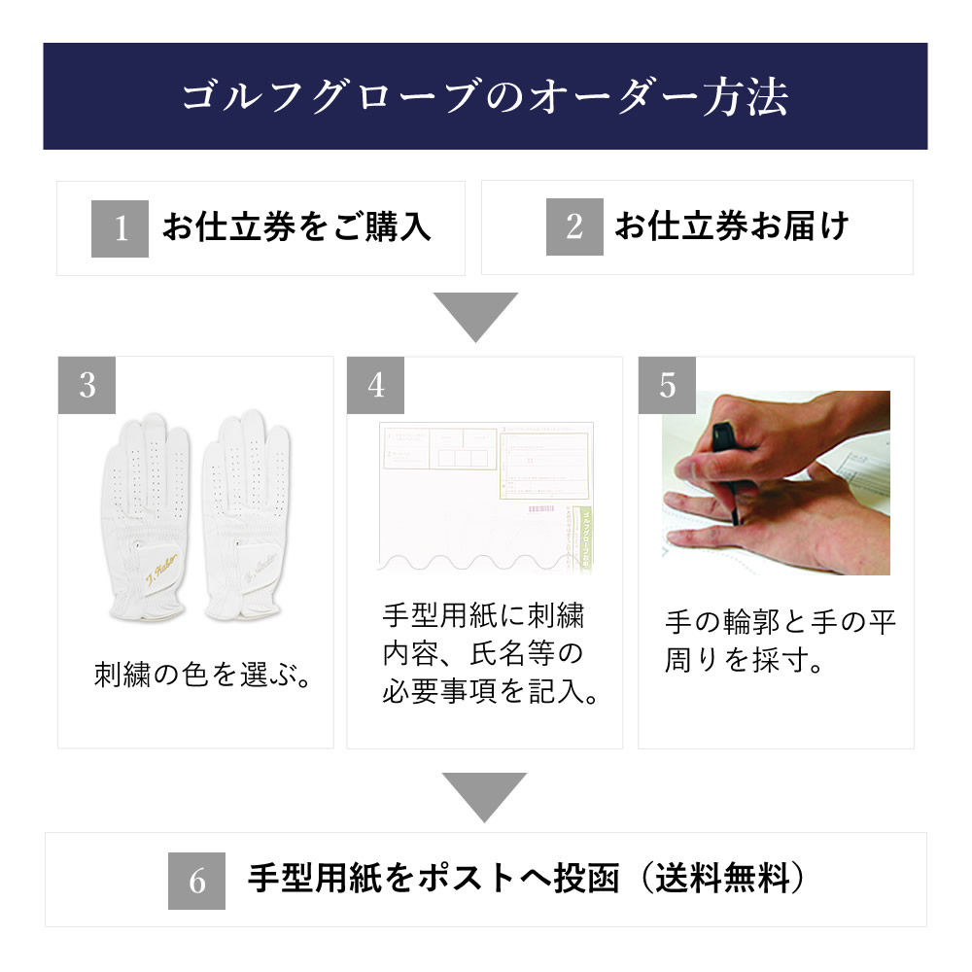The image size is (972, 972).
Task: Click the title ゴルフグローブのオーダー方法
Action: [484, 98]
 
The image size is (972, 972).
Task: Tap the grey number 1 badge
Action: [120, 228]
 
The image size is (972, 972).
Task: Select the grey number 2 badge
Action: [574, 227]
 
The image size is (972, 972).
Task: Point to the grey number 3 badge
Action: [87, 385]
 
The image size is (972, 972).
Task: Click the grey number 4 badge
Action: [376, 385]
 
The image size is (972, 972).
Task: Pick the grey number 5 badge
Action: [667, 385]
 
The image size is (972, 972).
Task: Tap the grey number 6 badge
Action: [197, 882]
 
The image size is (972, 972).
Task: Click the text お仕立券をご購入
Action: [296, 227]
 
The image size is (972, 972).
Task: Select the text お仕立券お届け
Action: [732, 227]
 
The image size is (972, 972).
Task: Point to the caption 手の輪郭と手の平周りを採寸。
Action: [780, 642]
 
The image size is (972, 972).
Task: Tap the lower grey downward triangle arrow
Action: [484, 796]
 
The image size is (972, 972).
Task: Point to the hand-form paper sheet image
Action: [484, 496]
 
